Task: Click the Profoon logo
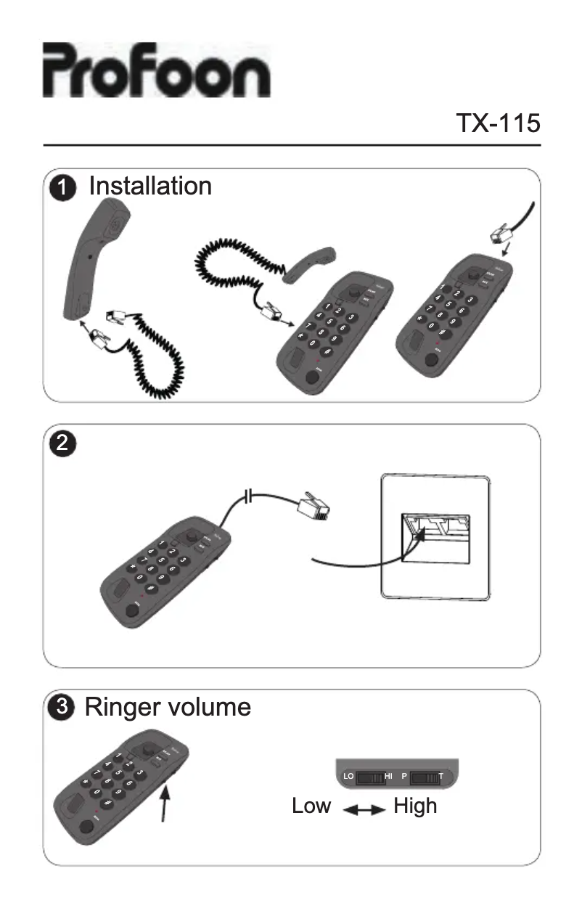(156, 70)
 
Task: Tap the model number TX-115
(497, 123)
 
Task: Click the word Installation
(150, 187)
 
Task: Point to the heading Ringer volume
(168, 707)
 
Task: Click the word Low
(311, 806)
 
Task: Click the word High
(415, 806)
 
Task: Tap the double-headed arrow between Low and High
(363, 809)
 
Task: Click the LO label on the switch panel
(348, 777)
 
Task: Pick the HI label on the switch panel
(389, 777)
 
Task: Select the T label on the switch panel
(441, 777)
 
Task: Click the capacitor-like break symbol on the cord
(249, 497)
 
